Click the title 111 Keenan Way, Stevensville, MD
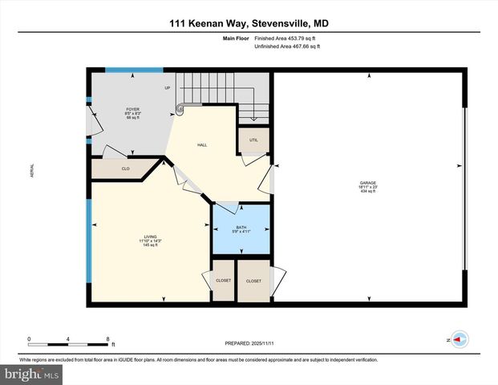click(x=249, y=24)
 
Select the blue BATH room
click(x=241, y=230)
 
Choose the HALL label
click(x=203, y=145)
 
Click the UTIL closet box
click(x=253, y=139)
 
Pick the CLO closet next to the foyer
click(x=126, y=168)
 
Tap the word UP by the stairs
click(x=168, y=87)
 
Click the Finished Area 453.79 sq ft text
click(x=287, y=38)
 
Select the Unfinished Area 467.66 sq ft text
click(x=287, y=47)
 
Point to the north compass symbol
click(x=459, y=339)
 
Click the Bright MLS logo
click(x=32, y=374)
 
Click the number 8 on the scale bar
click(x=107, y=338)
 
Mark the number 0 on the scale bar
click(x=30, y=338)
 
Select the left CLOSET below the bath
click(x=224, y=281)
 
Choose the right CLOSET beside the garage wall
click(x=254, y=281)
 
